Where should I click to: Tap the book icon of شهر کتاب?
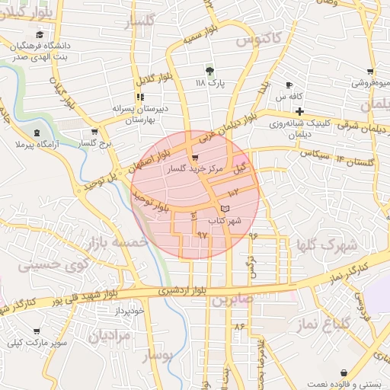point(224,208)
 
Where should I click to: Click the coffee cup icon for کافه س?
point(289,85)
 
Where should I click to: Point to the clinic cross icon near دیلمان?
point(301,112)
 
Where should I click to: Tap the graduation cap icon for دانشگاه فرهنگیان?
point(40,34)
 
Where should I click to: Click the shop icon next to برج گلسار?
point(94,131)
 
